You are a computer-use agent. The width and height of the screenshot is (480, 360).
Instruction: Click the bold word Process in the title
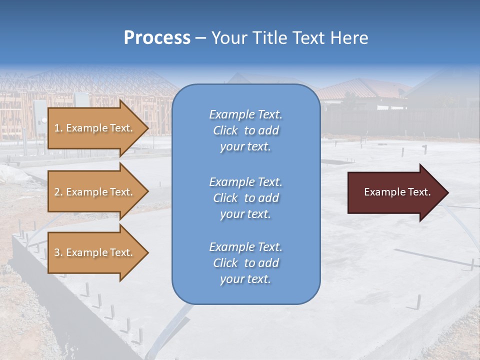pyautogui.click(x=157, y=38)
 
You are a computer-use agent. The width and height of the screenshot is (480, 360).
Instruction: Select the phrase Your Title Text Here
pyautogui.click(x=289, y=38)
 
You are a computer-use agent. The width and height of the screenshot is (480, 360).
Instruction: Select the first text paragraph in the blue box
pyautogui.click(x=245, y=130)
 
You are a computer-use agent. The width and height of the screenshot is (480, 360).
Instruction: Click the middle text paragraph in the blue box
pyautogui.click(x=245, y=198)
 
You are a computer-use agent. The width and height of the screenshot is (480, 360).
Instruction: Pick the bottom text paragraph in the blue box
pyautogui.click(x=245, y=263)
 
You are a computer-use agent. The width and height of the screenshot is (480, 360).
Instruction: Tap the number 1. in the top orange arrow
pyautogui.click(x=58, y=128)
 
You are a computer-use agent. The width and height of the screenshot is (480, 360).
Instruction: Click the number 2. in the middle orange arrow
pyautogui.click(x=58, y=192)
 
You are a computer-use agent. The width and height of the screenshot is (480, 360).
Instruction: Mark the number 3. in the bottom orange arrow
pyautogui.click(x=58, y=252)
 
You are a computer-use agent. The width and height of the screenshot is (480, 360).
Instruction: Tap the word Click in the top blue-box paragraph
pyautogui.click(x=225, y=130)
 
